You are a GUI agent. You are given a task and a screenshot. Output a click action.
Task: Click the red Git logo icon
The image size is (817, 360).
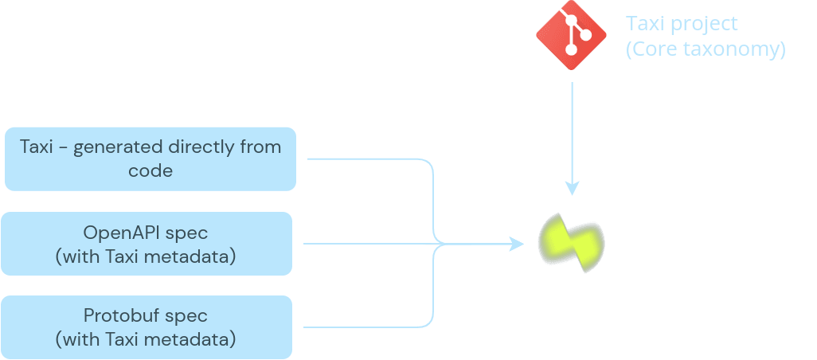click(x=571, y=35)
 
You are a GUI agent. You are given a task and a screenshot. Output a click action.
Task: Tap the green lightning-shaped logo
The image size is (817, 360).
click(x=572, y=243)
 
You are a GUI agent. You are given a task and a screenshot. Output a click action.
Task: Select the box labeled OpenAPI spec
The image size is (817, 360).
click(x=147, y=243)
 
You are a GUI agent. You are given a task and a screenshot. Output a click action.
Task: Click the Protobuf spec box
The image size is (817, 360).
click(x=147, y=327)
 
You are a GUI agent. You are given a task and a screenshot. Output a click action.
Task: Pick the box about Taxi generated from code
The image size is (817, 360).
click(x=150, y=159)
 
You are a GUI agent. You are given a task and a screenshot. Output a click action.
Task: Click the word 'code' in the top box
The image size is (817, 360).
click(x=150, y=170)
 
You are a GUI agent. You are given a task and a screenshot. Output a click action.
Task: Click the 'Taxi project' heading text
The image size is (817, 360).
click(x=682, y=24)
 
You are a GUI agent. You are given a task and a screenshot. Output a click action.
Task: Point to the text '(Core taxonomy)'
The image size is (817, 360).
click(x=706, y=49)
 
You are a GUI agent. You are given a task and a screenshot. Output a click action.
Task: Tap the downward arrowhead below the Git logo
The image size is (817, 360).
click(x=572, y=188)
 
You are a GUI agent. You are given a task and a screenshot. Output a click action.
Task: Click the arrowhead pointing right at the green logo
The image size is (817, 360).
click(x=516, y=243)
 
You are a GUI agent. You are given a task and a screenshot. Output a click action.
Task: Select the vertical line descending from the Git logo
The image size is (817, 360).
click(x=572, y=135)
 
